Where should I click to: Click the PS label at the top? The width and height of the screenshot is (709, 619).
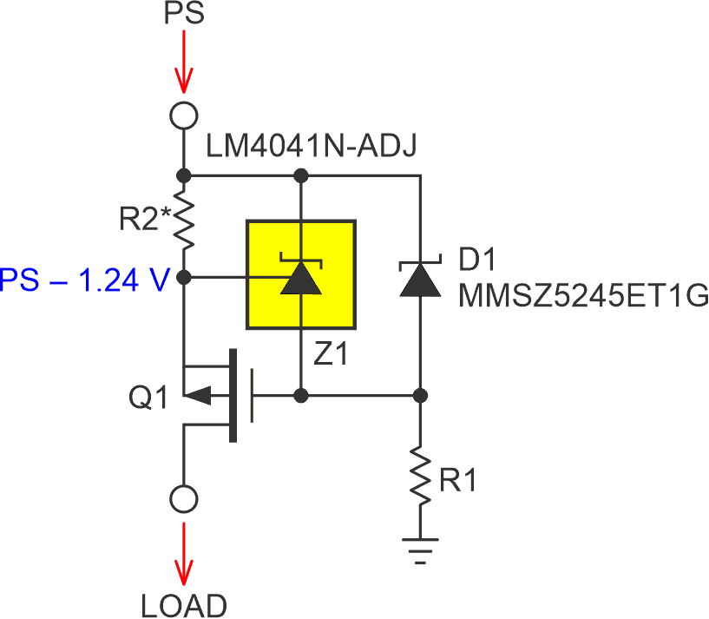(x=183, y=16)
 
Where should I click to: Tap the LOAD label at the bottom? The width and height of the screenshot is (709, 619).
(x=184, y=604)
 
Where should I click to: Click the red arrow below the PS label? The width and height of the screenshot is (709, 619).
(x=183, y=65)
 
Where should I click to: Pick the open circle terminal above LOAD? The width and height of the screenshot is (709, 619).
(x=183, y=500)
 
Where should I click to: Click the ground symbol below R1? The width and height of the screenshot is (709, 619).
(x=420, y=550)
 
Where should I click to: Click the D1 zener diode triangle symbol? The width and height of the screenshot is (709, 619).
(x=420, y=279)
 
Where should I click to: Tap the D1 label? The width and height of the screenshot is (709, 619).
(x=476, y=260)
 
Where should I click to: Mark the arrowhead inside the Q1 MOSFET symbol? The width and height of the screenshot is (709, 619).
(x=199, y=396)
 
